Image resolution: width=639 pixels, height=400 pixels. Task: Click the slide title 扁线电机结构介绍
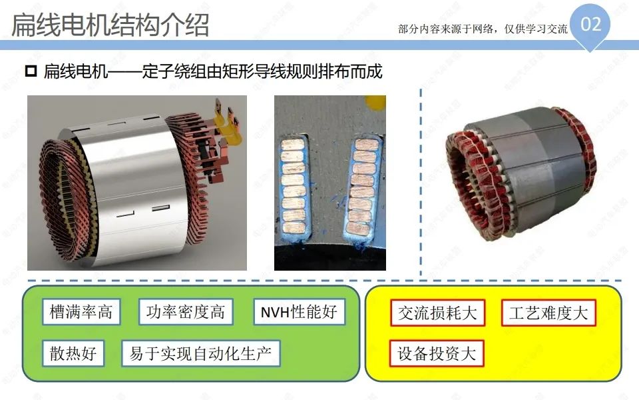(x=110, y=25)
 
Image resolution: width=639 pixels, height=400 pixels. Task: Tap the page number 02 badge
(x=590, y=25)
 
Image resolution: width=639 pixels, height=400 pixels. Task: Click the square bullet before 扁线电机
(x=31, y=71)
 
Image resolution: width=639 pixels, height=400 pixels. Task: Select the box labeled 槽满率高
(x=81, y=312)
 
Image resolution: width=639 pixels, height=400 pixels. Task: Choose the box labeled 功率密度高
(x=186, y=312)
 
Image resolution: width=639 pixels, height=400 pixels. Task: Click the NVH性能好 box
(x=299, y=312)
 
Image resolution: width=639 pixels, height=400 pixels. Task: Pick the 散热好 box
(x=73, y=353)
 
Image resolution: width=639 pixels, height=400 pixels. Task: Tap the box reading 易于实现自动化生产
(x=201, y=353)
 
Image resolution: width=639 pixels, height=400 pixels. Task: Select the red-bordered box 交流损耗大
(x=438, y=313)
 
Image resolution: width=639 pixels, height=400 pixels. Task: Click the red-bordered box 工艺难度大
(x=548, y=313)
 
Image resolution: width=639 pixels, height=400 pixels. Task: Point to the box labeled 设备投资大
(x=437, y=353)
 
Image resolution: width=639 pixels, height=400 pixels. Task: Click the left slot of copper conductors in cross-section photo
(x=294, y=186)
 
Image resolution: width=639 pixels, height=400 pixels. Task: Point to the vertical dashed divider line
(x=421, y=183)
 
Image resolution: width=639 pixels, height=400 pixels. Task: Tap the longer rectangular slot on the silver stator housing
(x=160, y=209)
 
